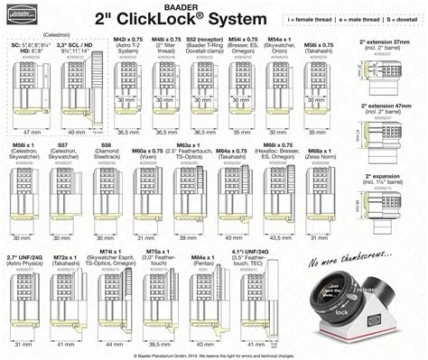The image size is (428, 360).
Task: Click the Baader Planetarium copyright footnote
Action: pos(214,355)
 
